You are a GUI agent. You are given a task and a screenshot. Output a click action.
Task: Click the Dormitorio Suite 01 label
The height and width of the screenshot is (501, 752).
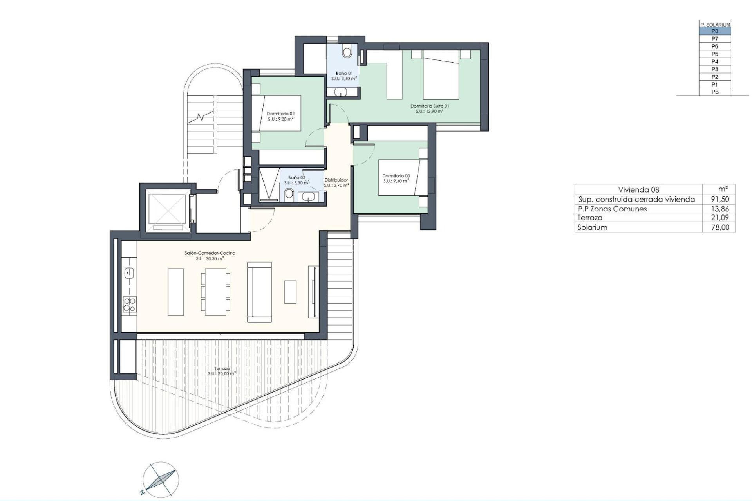(x=429, y=108)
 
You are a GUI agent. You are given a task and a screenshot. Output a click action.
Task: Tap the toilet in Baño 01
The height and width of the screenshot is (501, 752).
(x=347, y=51)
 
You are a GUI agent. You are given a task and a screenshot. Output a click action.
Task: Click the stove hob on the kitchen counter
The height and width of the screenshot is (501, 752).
(x=130, y=305)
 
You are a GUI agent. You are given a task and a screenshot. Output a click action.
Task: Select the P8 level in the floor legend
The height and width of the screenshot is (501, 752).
(x=715, y=31)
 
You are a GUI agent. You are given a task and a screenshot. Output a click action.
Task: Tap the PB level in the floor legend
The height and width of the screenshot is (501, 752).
(x=715, y=92)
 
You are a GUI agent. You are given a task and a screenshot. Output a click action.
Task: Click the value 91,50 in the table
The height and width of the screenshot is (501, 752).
(x=720, y=199)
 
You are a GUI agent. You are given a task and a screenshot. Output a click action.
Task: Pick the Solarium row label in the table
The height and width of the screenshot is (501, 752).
(x=592, y=227)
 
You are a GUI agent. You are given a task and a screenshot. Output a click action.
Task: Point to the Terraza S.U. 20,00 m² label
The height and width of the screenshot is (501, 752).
(x=222, y=371)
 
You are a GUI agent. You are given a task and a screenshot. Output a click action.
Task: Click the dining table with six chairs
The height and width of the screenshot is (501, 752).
(x=215, y=292)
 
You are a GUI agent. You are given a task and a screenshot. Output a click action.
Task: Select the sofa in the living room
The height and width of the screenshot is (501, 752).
(x=259, y=292)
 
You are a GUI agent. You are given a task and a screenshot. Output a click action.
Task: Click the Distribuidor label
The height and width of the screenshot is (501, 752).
(x=336, y=182)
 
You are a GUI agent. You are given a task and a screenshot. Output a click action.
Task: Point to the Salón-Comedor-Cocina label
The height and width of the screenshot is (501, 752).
(x=210, y=256)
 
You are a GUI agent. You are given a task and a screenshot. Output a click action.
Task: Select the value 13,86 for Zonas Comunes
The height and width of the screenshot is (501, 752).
(x=720, y=209)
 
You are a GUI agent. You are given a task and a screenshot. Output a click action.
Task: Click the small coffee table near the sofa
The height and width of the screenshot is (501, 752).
(x=290, y=292)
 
